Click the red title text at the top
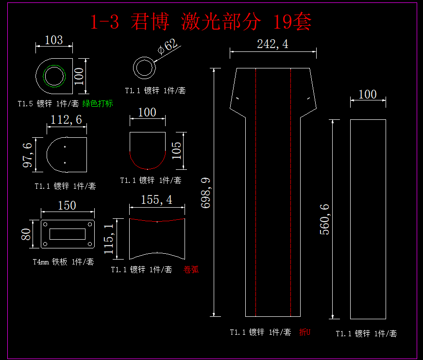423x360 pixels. pyautogui.click(x=201, y=22)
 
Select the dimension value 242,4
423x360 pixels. pyautogui.click(x=272, y=44)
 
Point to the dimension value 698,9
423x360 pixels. pyautogui.click(x=206, y=193)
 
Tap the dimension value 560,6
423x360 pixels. pyautogui.click(x=324, y=219)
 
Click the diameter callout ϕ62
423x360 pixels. pyautogui.click(x=168, y=47)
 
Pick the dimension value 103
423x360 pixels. pyautogui.click(x=53, y=40)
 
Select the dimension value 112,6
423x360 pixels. pyautogui.click(x=67, y=119)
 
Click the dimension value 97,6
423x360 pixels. pyautogui.click(x=28, y=155)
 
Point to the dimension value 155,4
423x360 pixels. pyautogui.click(x=156, y=200)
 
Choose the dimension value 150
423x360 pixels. pyautogui.click(x=67, y=206)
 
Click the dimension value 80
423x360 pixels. pyautogui.click(x=27, y=234)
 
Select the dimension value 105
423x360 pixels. pyautogui.click(x=177, y=150)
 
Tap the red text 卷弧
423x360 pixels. pyautogui.click(x=191, y=270)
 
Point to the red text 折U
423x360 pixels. pyautogui.click(x=305, y=332)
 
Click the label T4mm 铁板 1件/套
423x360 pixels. pyautogui.click(x=63, y=262)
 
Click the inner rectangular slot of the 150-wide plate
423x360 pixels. pyautogui.click(x=67, y=234)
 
